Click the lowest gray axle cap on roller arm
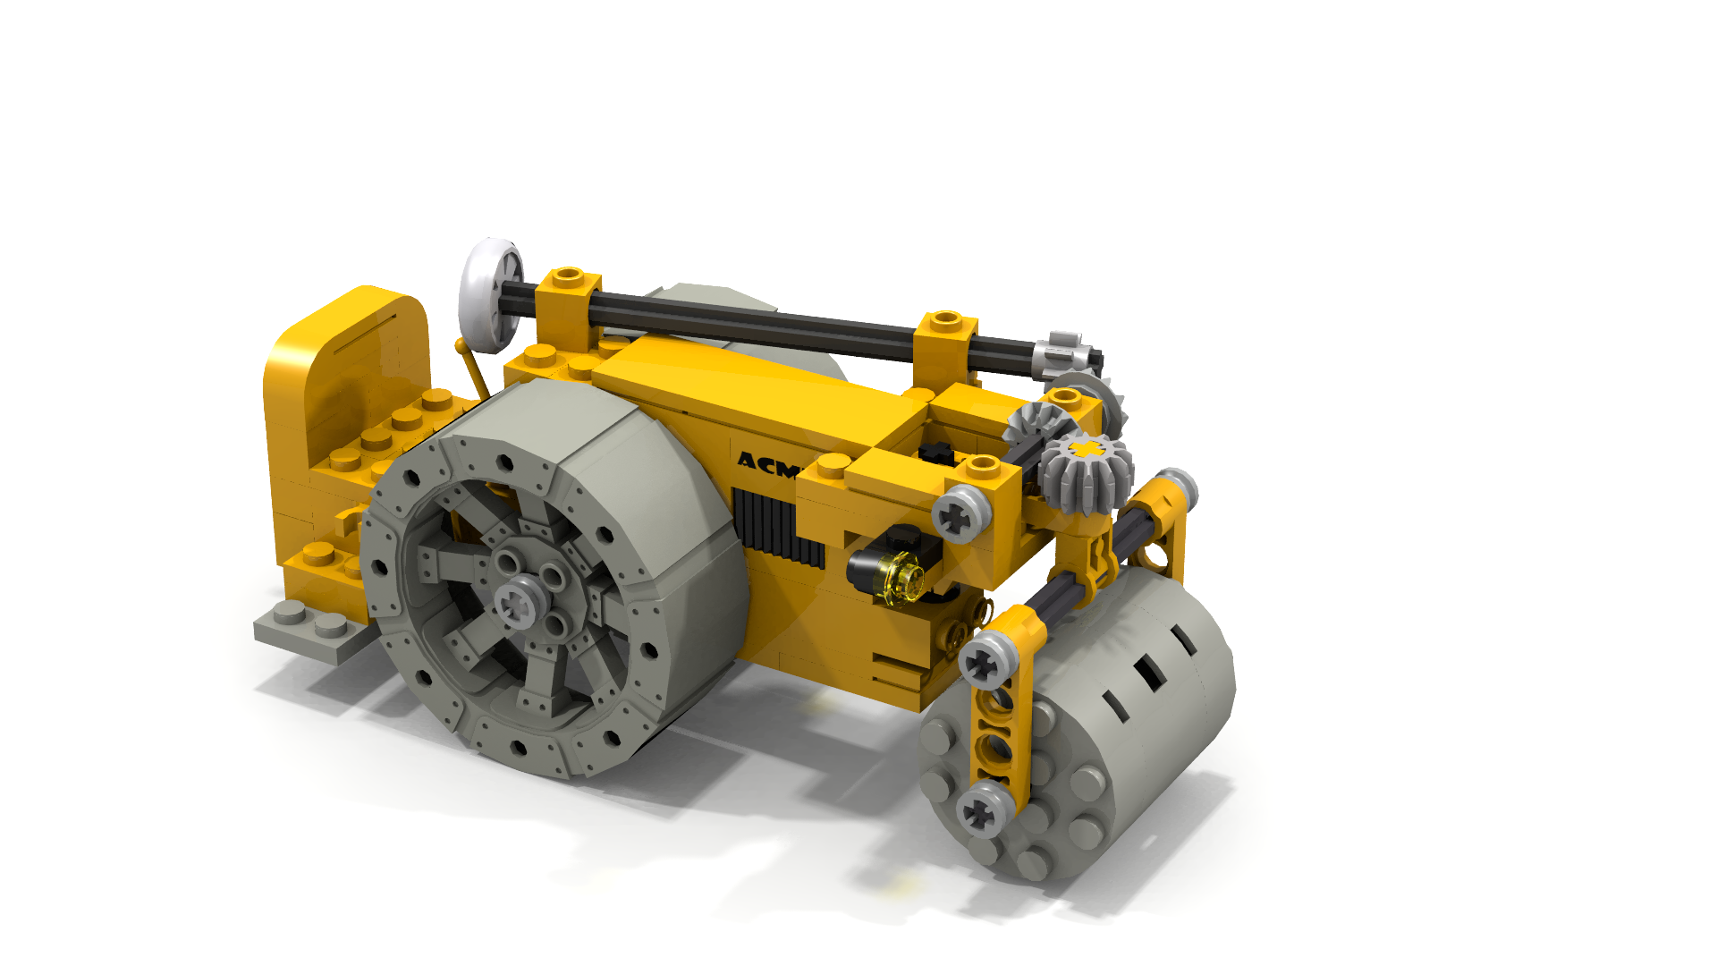click(x=985, y=809)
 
